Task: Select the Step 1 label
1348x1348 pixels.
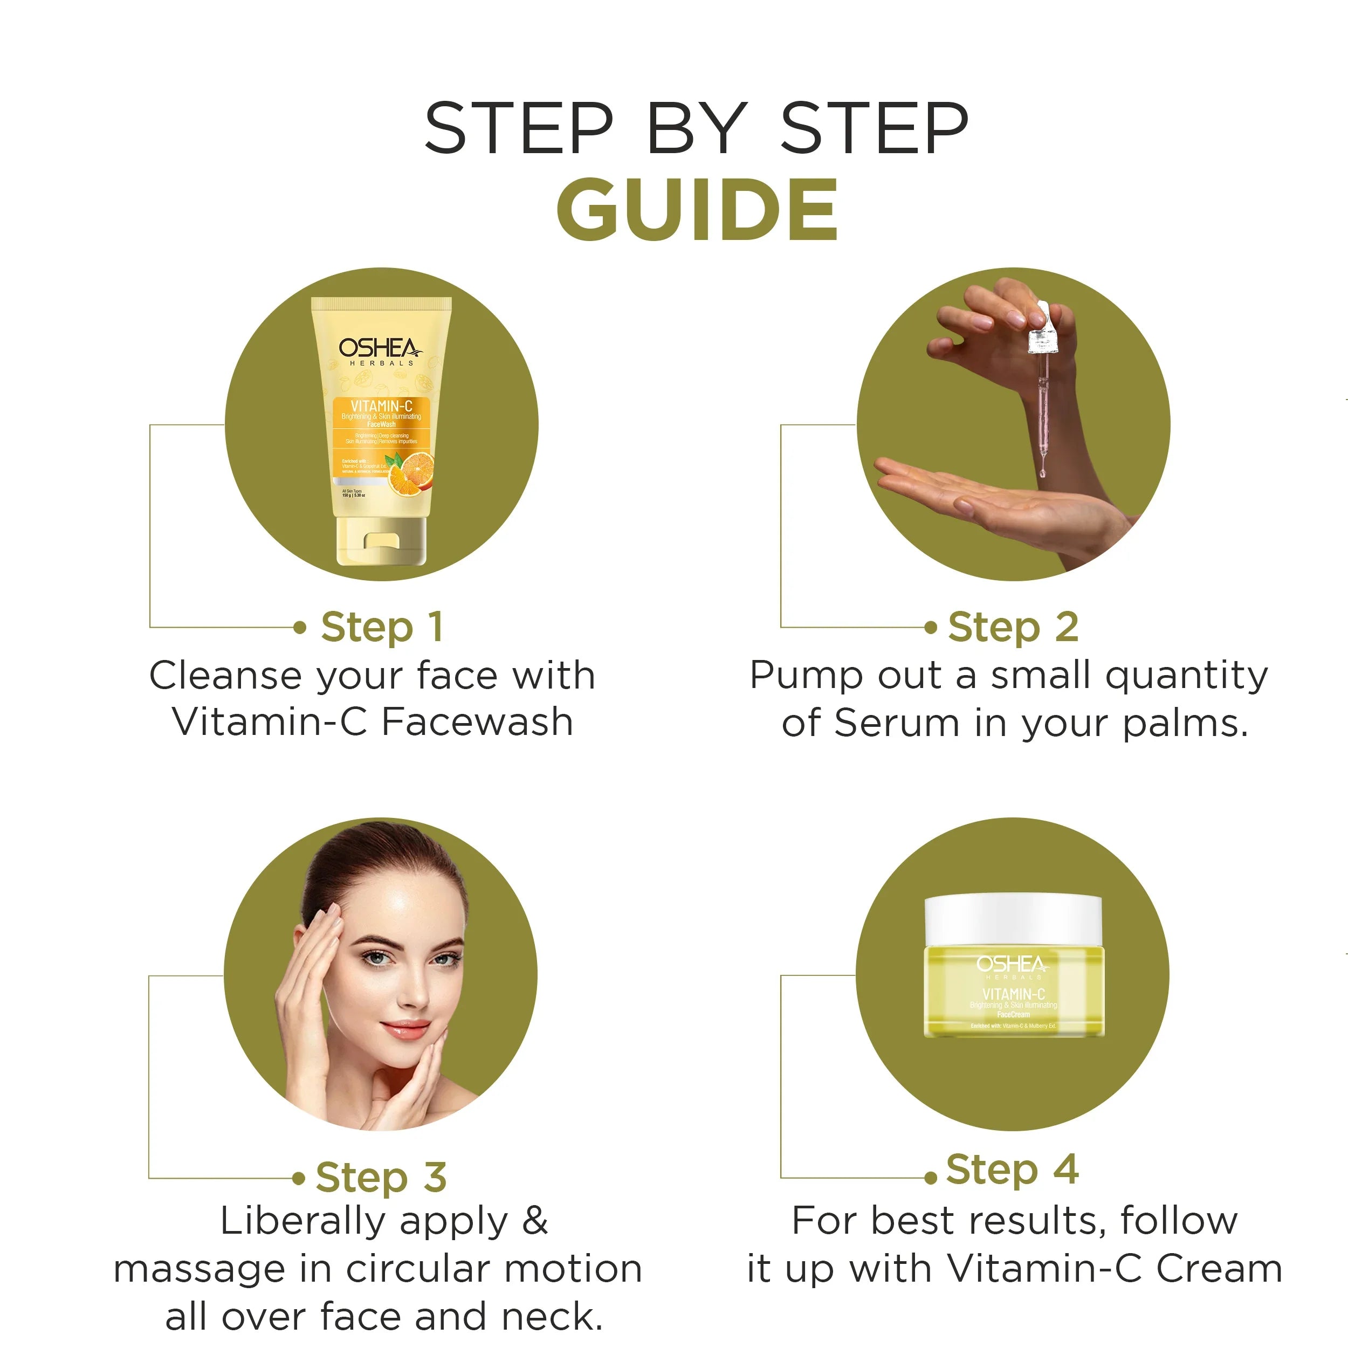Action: pos(382,627)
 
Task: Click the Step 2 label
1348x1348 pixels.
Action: pos(1013,627)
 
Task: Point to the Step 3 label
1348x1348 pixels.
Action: pos(381,1177)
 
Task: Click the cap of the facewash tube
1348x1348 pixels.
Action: pos(381,541)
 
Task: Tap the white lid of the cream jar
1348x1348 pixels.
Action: pos(1013,919)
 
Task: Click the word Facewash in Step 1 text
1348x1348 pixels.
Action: pos(477,721)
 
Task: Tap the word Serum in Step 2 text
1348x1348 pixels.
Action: pos(897,723)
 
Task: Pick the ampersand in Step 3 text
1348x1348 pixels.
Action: pos(534,1221)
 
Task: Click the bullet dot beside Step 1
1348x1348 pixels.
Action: pos(300,627)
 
